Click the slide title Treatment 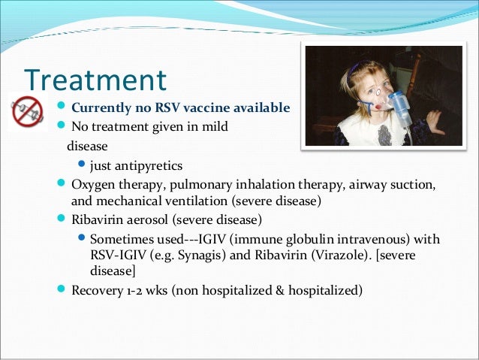pos(95,80)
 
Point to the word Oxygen pos(92,185)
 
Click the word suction pos(414,185)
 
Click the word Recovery pos(95,289)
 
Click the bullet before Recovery pos(62,289)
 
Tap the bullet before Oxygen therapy pos(62,184)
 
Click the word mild pos(212,126)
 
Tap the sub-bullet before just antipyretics pos(82,165)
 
